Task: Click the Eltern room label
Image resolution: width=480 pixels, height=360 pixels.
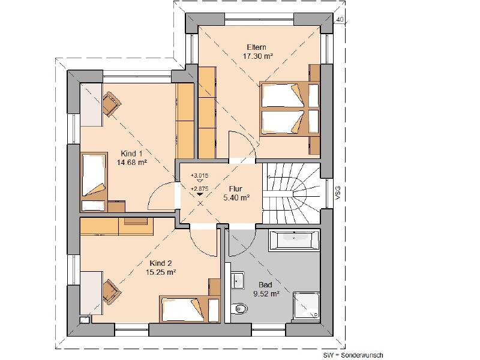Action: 257,47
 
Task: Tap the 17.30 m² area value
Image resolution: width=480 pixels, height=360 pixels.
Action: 258,56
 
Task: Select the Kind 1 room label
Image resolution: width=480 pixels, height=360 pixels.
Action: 131,154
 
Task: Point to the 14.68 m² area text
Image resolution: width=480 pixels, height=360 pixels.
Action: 132,162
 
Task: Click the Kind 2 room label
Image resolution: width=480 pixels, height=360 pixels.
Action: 160,263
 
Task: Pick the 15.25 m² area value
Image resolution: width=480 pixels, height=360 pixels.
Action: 160,272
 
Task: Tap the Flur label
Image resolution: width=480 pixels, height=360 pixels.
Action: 235,189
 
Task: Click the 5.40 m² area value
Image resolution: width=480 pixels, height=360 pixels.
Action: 236,198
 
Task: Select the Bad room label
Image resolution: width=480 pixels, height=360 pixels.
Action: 265,284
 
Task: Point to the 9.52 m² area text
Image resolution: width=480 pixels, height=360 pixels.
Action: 266,293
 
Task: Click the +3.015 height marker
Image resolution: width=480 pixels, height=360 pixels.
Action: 199,176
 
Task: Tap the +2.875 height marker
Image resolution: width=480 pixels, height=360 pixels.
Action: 199,189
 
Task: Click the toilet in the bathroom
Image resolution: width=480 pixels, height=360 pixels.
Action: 239,308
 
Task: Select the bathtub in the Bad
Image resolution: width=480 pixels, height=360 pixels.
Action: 294,241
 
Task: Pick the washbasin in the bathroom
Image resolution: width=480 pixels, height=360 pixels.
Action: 237,280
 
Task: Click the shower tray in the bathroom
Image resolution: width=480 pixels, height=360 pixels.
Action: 307,306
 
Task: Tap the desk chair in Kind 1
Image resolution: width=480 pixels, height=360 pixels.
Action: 111,103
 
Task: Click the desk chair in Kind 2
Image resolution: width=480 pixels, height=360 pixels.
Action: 111,291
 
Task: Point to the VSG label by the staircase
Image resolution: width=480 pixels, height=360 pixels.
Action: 338,193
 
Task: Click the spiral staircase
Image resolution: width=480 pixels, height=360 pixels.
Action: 291,193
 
